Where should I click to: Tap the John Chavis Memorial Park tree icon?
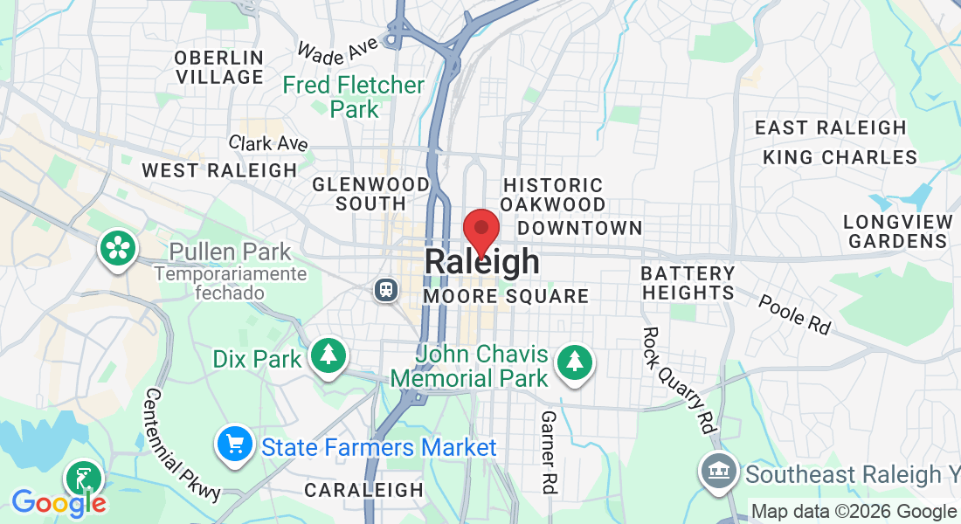pos(574,360)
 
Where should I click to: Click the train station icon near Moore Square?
pos(384,290)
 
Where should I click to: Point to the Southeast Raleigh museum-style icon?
pos(718,473)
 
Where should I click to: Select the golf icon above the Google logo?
pos(84,479)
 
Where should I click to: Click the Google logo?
pos(59,502)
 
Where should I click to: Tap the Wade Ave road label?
pos(336,49)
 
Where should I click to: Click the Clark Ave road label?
pos(268,142)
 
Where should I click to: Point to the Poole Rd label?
pos(794,314)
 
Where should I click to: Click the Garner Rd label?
pos(549,452)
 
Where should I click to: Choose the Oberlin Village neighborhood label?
pos(219,67)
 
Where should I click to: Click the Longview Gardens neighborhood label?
pos(897,231)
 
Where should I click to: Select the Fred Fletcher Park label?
pos(354,97)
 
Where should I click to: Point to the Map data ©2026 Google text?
pos(854,512)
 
